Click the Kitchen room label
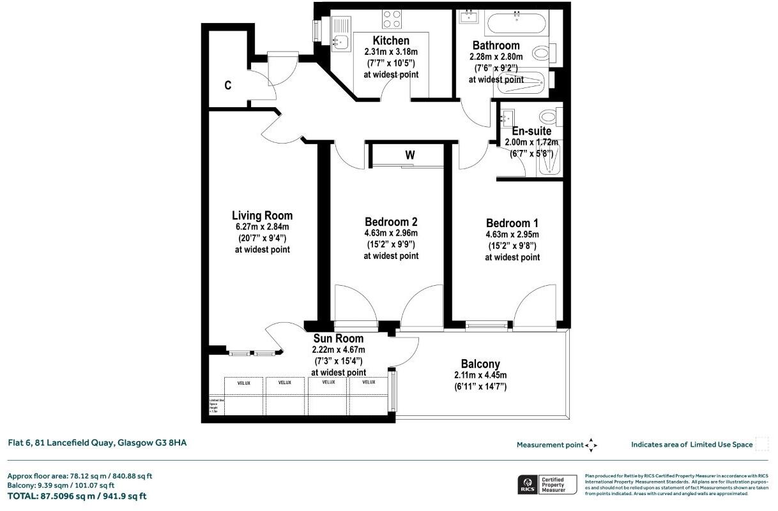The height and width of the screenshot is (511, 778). (x=391, y=41)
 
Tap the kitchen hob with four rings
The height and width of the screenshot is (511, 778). (x=392, y=19)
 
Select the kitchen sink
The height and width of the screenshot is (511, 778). (x=340, y=42)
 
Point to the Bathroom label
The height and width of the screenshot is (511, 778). (x=496, y=45)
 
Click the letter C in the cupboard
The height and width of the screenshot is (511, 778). (x=227, y=85)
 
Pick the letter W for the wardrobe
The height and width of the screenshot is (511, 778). (x=409, y=155)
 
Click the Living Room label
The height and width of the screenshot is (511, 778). (x=262, y=216)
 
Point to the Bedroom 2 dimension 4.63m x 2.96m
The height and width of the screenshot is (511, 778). (x=391, y=233)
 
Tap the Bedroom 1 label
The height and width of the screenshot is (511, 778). (x=512, y=223)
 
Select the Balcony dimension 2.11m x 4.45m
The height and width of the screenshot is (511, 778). (x=480, y=375)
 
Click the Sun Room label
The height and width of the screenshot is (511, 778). (x=338, y=339)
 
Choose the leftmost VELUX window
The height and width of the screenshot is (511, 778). (x=243, y=387)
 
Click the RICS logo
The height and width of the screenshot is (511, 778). (x=528, y=484)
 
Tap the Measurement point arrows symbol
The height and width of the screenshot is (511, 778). (x=591, y=445)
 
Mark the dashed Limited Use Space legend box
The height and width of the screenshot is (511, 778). (x=761, y=444)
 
